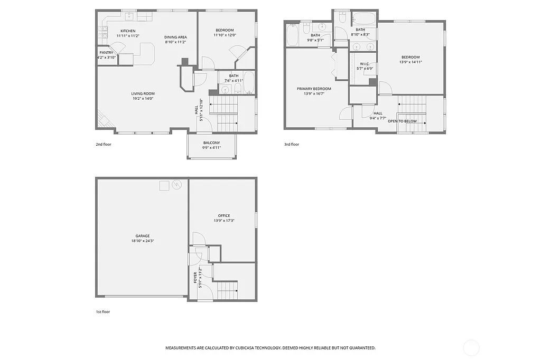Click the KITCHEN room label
[128, 31]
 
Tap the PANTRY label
[106, 52]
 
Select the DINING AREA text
[175, 36]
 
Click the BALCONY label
[211, 143]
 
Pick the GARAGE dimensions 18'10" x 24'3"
[142, 241]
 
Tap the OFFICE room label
[223, 215]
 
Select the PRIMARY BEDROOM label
[314, 89]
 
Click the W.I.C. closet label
[365, 63]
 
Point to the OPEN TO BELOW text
[402, 121]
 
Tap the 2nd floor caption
[104, 144]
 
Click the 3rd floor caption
[291, 144]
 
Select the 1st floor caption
[102, 312]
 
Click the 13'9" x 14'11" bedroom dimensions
[411, 62]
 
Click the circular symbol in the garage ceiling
[176, 185]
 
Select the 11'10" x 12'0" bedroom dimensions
[225, 35]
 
